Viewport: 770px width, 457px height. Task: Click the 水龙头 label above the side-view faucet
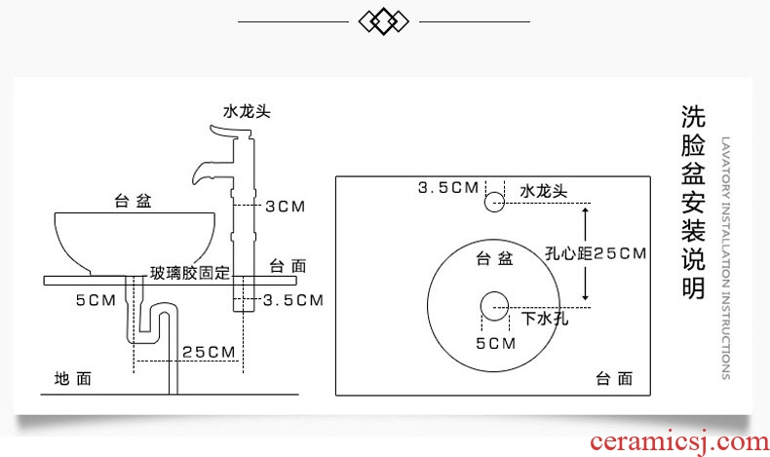click(244, 111)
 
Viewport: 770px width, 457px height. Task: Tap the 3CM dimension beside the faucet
click(286, 206)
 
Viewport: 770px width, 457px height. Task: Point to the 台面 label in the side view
click(288, 264)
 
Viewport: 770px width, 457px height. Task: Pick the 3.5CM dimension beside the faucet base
click(292, 300)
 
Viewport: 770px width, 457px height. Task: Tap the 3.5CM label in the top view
click(447, 187)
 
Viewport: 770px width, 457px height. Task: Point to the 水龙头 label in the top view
click(543, 191)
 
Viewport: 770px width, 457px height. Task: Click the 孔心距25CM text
click(595, 254)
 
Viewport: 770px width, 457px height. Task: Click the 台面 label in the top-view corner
click(614, 378)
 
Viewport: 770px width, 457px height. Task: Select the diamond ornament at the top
click(384, 20)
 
